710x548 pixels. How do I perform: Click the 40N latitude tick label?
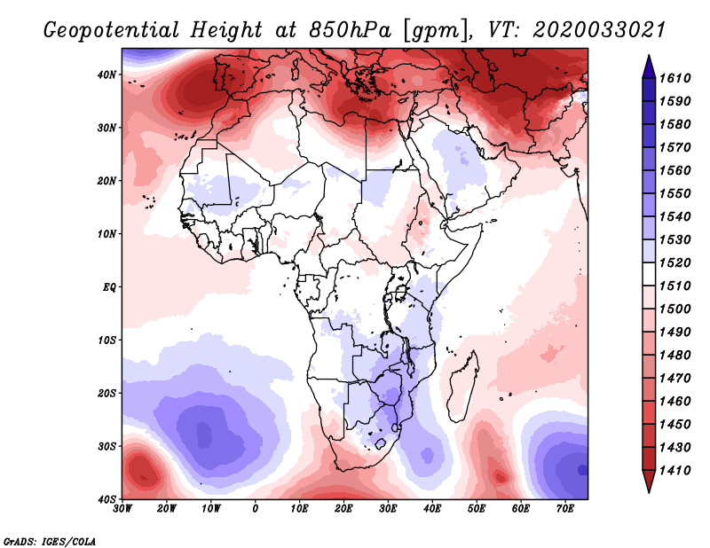[107, 74]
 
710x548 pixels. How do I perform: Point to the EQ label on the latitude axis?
[109, 287]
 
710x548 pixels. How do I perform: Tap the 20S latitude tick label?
[107, 393]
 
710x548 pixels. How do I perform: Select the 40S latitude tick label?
[107, 499]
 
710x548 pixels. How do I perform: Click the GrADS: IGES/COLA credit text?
[50, 540]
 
